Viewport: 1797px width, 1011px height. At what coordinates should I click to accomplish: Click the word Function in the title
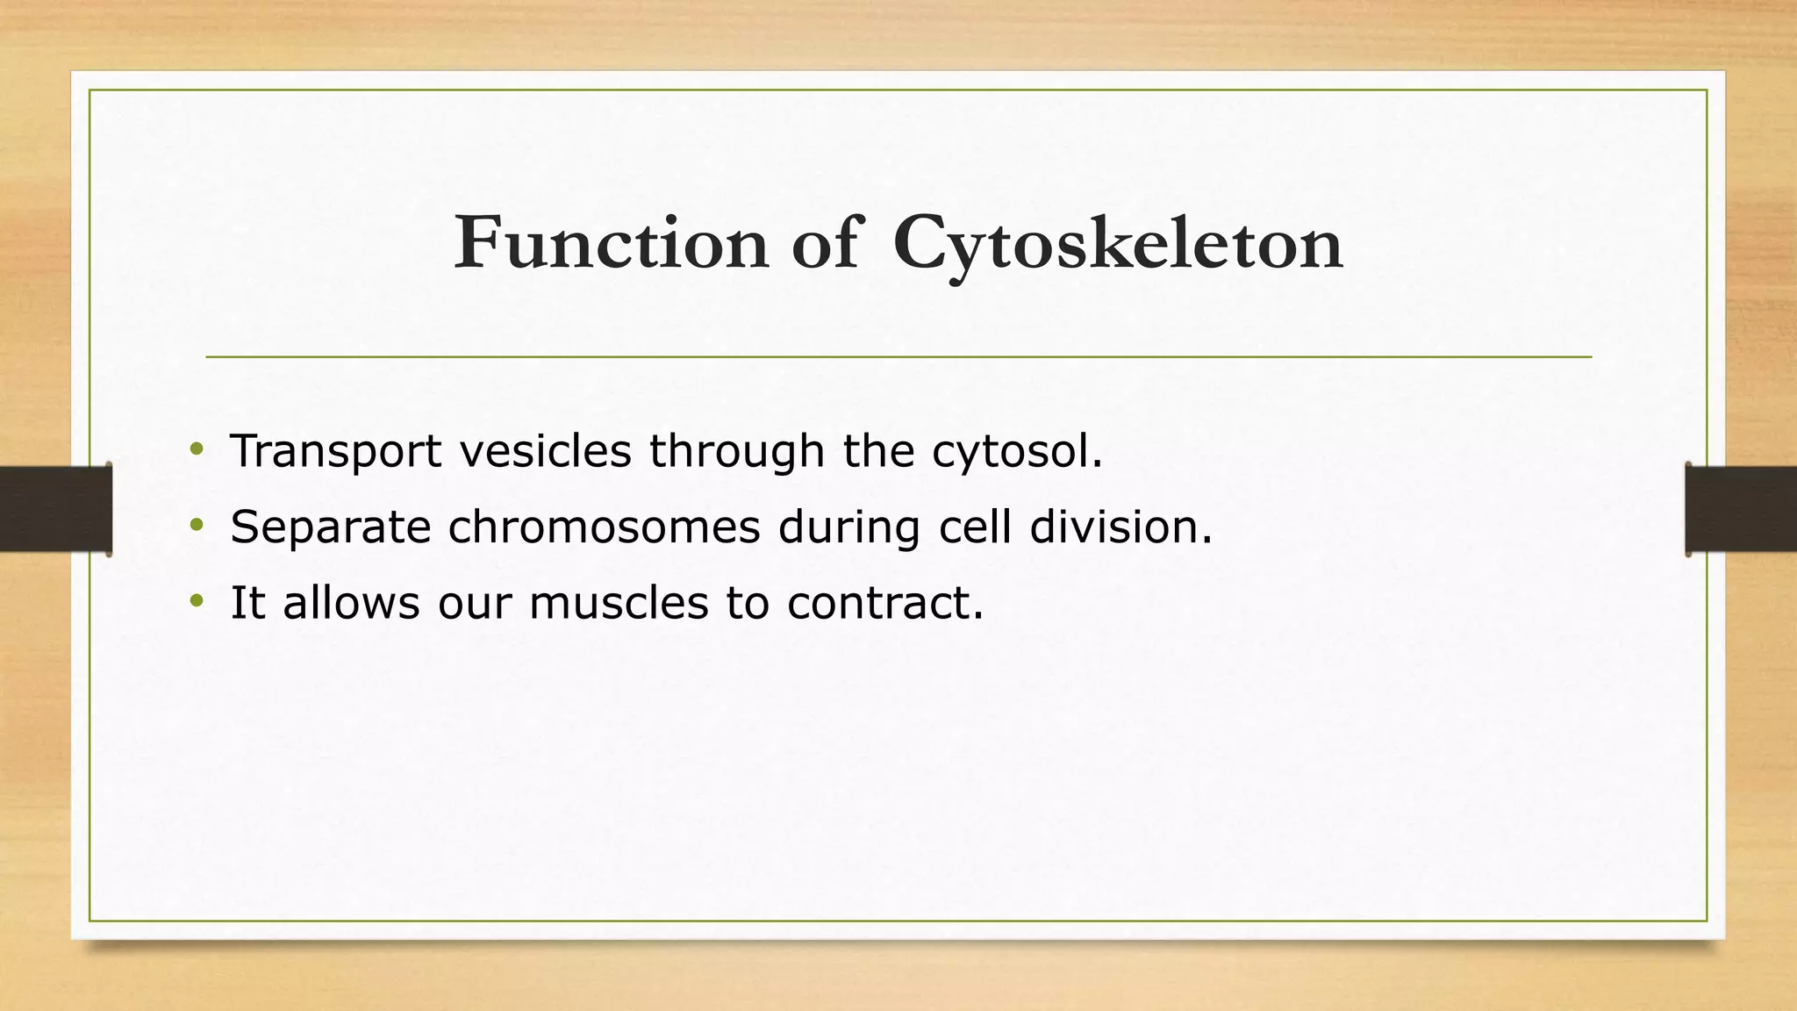click(x=611, y=243)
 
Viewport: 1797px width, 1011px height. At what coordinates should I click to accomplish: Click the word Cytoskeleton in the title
click(x=1118, y=246)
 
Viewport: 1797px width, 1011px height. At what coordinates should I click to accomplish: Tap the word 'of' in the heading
click(x=825, y=243)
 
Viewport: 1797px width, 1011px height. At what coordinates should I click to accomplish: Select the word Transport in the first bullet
click(x=335, y=452)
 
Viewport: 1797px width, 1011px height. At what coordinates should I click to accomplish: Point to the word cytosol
click(x=1016, y=452)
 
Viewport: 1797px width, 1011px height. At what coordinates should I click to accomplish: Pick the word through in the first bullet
click(x=737, y=452)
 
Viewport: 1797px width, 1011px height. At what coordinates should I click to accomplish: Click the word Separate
click(x=330, y=528)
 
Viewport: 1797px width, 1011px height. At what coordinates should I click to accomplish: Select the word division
click(x=1120, y=527)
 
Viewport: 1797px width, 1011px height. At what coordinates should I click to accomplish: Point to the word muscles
click(x=619, y=603)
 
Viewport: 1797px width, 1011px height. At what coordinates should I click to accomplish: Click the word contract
click(x=884, y=603)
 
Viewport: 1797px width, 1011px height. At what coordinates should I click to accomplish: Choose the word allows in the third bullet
click(x=351, y=603)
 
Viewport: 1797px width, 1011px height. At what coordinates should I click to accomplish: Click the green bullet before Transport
click(x=197, y=450)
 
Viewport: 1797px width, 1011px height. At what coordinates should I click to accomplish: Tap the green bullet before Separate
click(x=197, y=527)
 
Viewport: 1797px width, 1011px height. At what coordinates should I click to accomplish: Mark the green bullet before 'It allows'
click(x=197, y=602)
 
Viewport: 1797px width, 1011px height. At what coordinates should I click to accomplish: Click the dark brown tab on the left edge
click(x=55, y=509)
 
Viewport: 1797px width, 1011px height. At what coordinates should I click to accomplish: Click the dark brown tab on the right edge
click(x=1741, y=509)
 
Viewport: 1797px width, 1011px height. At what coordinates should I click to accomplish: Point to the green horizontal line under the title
click(x=898, y=357)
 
